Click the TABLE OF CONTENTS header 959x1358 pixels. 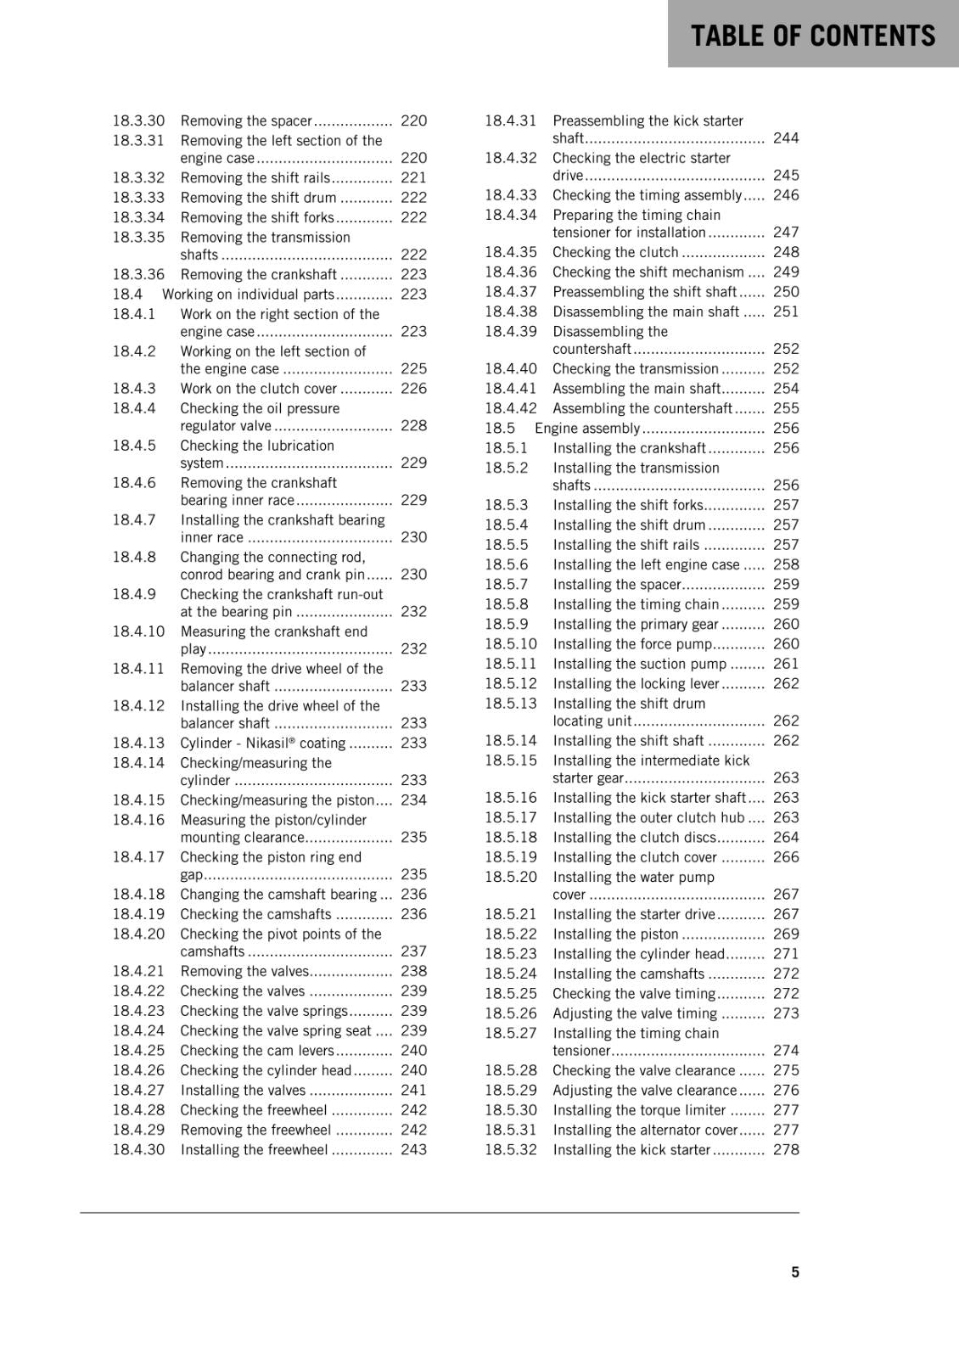(x=812, y=36)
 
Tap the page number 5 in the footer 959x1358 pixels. (x=795, y=1271)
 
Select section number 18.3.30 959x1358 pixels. (x=138, y=121)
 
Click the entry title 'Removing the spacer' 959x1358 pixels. (x=246, y=121)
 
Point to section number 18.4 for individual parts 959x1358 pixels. (x=127, y=294)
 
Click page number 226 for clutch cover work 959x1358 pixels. (x=413, y=388)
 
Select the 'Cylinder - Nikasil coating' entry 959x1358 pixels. (x=262, y=743)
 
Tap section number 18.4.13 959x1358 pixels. (x=138, y=743)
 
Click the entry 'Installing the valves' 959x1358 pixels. (x=243, y=1090)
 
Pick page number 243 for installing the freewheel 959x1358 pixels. (x=413, y=1149)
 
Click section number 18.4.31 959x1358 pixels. (x=511, y=121)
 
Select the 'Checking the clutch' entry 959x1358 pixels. (x=615, y=252)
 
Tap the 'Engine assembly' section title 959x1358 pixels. (x=587, y=428)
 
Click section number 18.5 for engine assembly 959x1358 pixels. (x=500, y=428)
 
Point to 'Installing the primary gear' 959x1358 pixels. (x=636, y=624)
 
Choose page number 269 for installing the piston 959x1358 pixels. (x=786, y=934)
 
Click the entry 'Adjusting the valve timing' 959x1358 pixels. (x=635, y=1013)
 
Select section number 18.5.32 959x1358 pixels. (x=511, y=1149)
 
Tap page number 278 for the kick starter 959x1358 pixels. (x=786, y=1149)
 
